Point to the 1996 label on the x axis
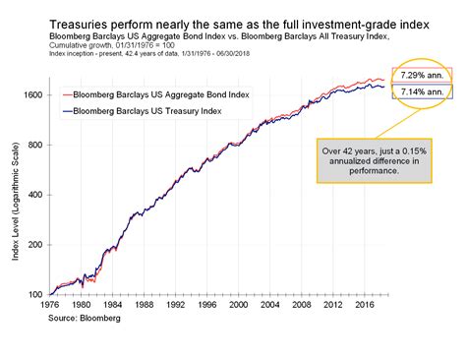coord(208,306)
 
